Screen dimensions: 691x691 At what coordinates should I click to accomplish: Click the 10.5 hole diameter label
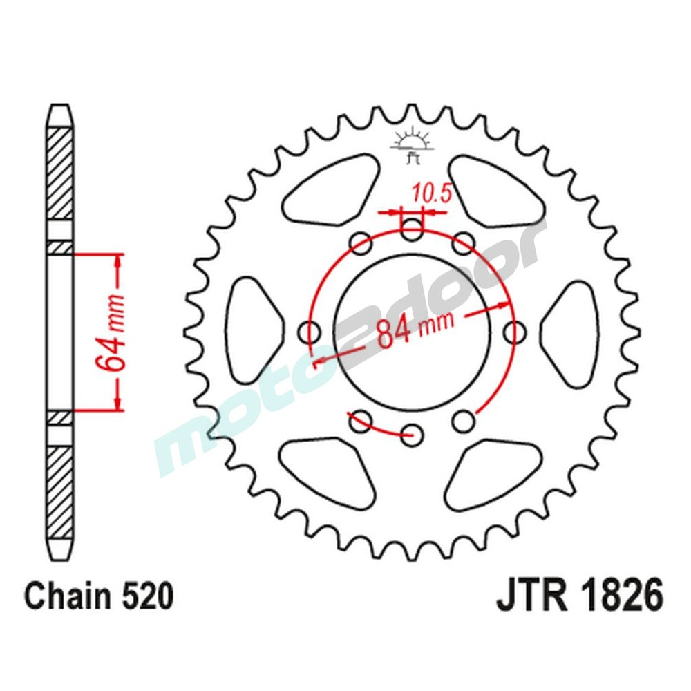pyautogui.click(x=432, y=193)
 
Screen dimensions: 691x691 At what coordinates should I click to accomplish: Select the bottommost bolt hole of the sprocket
pyautogui.click(x=413, y=433)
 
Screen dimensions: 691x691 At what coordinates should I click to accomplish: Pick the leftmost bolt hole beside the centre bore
pyautogui.click(x=309, y=332)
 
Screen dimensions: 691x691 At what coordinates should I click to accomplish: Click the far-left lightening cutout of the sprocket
pyautogui.click(x=252, y=330)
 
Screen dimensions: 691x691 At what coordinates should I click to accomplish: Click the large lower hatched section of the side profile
pyautogui.click(x=59, y=491)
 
